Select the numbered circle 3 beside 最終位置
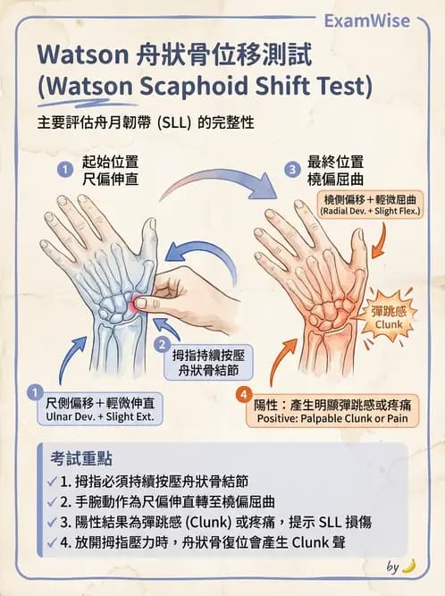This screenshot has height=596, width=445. point(291,168)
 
